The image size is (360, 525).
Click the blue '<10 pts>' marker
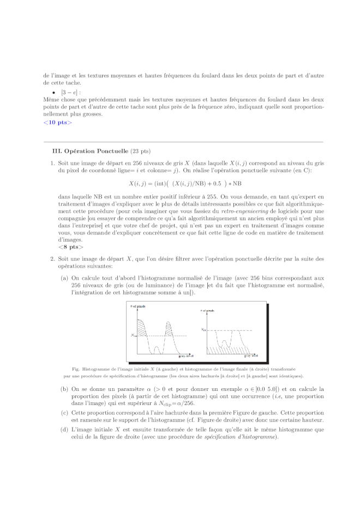pyautogui.click(x=57, y=122)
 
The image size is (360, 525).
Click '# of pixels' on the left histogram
pyautogui.click(x=137, y=306)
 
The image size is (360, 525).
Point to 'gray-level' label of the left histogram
pyautogui.click(x=186, y=355)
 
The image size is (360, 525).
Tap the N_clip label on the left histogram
pyautogui.click(x=134, y=335)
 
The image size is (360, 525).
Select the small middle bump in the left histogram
pyautogui.click(x=157, y=348)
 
